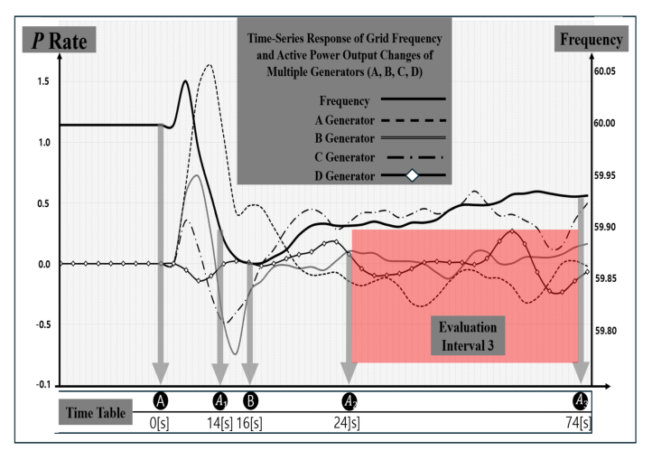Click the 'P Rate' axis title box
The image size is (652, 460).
pyautogui.click(x=59, y=40)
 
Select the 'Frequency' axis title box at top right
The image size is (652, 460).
pyautogui.click(x=591, y=39)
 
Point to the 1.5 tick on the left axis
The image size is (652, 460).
pyautogui.click(x=43, y=81)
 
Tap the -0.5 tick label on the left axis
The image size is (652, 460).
pyautogui.click(x=43, y=324)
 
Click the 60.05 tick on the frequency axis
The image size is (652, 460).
pyautogui.click(x=605, y=71)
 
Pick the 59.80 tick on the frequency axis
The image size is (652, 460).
pyautogui.click(x=605, y=331)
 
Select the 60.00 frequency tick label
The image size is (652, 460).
pyautogui.click(x=605, y=123)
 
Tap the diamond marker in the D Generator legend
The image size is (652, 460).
pyautogui.click(x=412, y=175)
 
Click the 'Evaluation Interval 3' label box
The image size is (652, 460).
pyautogui.click(x=468, y=336)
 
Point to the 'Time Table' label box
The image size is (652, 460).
pyautogui.click(x=95, y=412)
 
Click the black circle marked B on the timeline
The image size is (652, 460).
pyautogui.click(x=250, y=401)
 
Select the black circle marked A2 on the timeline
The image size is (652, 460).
pyautogui.click(x=349, y=401)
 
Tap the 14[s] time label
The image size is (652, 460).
pyautogui.click(x=220, y=423)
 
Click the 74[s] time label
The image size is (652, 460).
pyautogui.click(x=578, y=423)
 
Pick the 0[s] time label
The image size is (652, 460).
pyautogui.click(x=159, y=423)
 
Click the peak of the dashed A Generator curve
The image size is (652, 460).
pyautogui.click(x=210, y=65)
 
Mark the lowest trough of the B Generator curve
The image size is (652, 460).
pyautogui.click(x=236, y=354)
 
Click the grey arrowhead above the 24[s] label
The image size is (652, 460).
pyautogui.click(x=349, y=373)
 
